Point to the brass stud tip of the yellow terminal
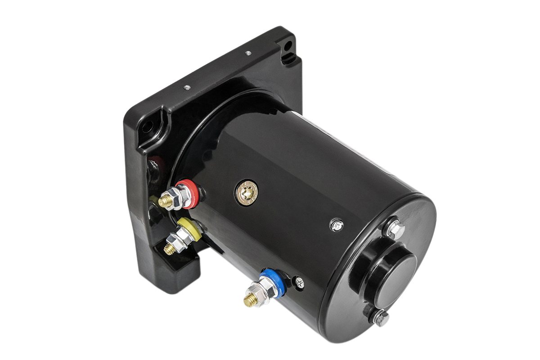[x=169, y=248]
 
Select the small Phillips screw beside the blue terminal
[x=299, y=283]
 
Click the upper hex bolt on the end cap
[x=395, y=230]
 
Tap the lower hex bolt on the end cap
[x=380, y=319]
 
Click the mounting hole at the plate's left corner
[x=148, y=126]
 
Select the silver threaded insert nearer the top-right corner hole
[x=247, y=53]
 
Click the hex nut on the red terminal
[x=177, y=198]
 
